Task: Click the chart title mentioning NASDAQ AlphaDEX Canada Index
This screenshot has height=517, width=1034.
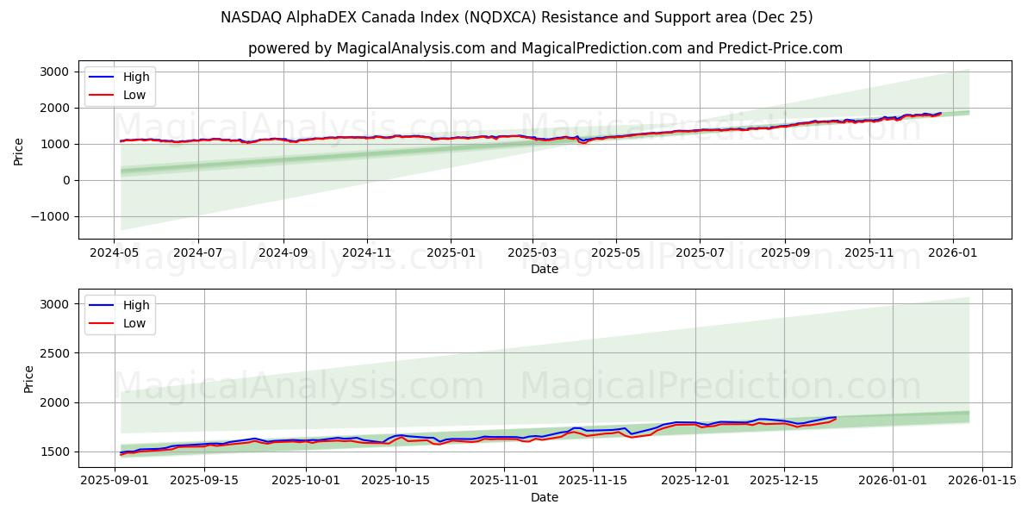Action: tap(516, 17)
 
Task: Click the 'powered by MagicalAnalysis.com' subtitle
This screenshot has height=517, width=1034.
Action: tap(545, 48)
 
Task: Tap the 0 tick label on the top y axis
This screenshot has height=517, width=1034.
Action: tap(65, 180)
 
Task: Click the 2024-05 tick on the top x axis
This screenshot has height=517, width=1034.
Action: tap(115, 253)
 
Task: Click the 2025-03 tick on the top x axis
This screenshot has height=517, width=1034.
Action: tap(533, 253)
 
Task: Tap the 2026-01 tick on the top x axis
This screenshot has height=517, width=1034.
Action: tap(952, 253)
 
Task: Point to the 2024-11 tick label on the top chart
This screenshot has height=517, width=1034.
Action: tap(367, 253)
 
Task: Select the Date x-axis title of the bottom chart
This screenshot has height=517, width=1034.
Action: tap(545, 498)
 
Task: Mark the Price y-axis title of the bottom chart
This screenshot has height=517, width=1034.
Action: tap(29, 378)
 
